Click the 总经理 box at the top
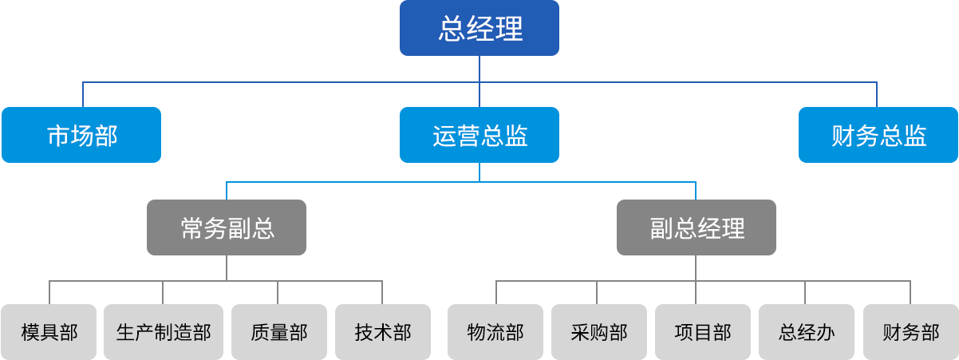coord(479,29)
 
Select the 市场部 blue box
coord(81,135)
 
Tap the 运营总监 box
coord(479,135)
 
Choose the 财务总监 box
coord(878,135)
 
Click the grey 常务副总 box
coord(226,228)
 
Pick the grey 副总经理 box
coord(697,228)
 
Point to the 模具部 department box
coord(49,331)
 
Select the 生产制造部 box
coord(164,331)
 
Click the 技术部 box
coord(383,331)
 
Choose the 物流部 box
coord(495,331)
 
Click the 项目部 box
coord(702,331)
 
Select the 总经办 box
coord(806,331)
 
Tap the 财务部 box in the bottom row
coord(910,331)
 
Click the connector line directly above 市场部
coord(83,93)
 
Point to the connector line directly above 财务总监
coord(877,93)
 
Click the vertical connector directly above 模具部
coord(49,291)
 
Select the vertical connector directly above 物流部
coord(496,291)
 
